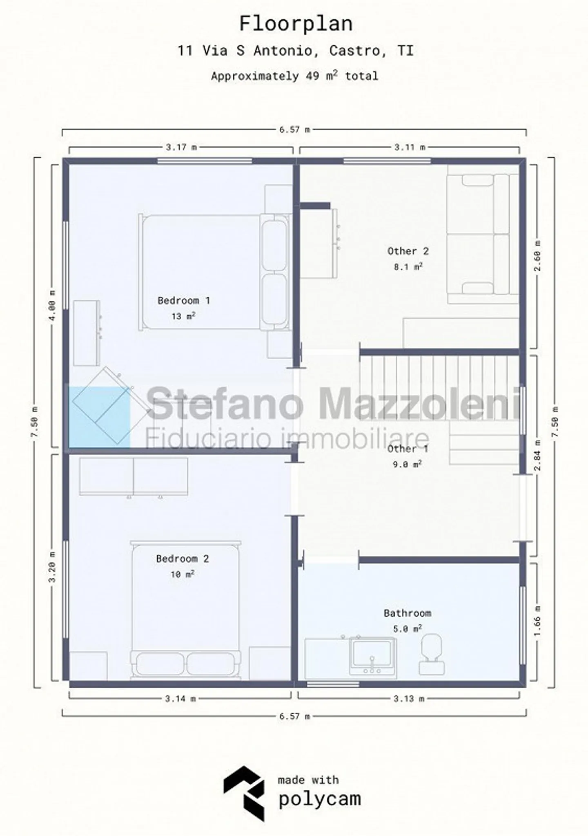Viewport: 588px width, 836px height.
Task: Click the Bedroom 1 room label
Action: pos(184,301)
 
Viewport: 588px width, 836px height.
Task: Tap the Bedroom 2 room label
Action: pos(183,559)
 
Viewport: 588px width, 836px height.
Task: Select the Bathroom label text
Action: pos(408,613)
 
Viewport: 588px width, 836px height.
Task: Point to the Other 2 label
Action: pos(408,251)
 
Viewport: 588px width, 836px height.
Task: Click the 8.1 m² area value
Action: pos(408,267)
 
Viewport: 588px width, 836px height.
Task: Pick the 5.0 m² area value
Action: pos(408,628)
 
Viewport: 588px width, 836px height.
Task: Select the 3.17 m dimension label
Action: pos(181,147)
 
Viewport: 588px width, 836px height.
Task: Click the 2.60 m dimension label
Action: pos(537,256)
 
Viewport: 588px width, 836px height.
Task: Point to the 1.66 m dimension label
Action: pos(537,620)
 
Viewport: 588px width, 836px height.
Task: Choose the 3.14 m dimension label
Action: pos(180,699)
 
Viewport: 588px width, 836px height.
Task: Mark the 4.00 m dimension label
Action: pos(52,306)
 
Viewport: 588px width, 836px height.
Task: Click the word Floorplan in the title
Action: pos(296,24)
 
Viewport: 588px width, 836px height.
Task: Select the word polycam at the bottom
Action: pos(320,799)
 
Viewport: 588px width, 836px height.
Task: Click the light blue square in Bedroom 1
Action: pos(99,418)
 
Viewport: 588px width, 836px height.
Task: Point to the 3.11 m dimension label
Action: pos(410,147)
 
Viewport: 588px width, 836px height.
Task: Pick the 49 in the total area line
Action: pos(312,76)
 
